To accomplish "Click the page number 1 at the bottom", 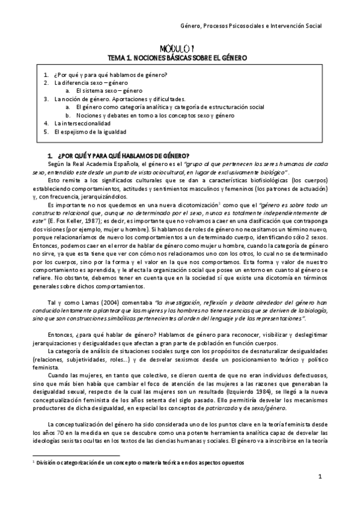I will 320,477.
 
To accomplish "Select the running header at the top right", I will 251,26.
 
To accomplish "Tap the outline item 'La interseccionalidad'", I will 82,123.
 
